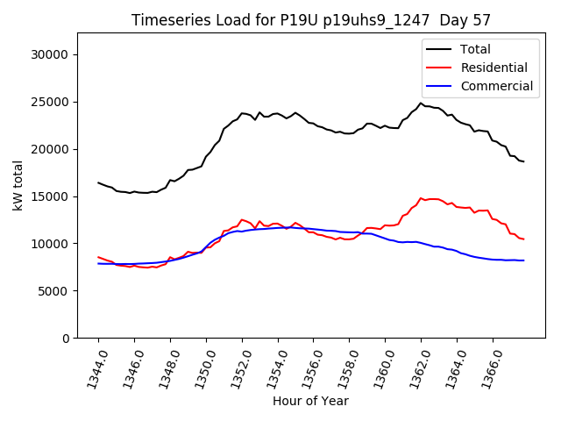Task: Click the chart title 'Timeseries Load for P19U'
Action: coord(311,20)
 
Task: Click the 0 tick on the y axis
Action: coord(66,339)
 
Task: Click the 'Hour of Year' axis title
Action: coord(310,401)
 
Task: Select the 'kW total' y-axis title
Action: coord(18,186)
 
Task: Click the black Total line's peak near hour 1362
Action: coord(421,103)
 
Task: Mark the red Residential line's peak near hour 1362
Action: coord(422,198)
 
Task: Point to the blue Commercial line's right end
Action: coord(523,260)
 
